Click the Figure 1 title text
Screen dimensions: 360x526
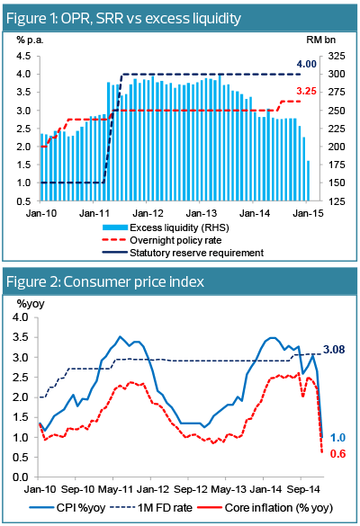123,18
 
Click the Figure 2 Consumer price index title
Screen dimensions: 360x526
105,281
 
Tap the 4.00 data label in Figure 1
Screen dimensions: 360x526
306,64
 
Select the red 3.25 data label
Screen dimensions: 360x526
306,91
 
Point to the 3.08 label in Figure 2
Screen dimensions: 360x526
334,350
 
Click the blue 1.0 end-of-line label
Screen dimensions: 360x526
337,438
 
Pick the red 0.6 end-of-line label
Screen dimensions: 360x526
337,453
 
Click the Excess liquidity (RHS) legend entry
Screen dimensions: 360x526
166,227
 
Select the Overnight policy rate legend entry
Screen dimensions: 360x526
162,240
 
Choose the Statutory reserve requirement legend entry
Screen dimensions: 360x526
183,253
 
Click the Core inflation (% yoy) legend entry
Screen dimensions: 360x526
265,507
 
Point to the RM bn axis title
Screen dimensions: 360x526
320,40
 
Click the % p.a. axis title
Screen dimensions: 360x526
31,40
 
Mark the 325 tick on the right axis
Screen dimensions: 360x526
337,56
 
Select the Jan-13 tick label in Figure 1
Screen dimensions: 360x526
202,213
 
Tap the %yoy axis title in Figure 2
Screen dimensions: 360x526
31,304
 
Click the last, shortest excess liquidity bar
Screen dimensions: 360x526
308,181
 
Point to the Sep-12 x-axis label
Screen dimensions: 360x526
191,490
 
